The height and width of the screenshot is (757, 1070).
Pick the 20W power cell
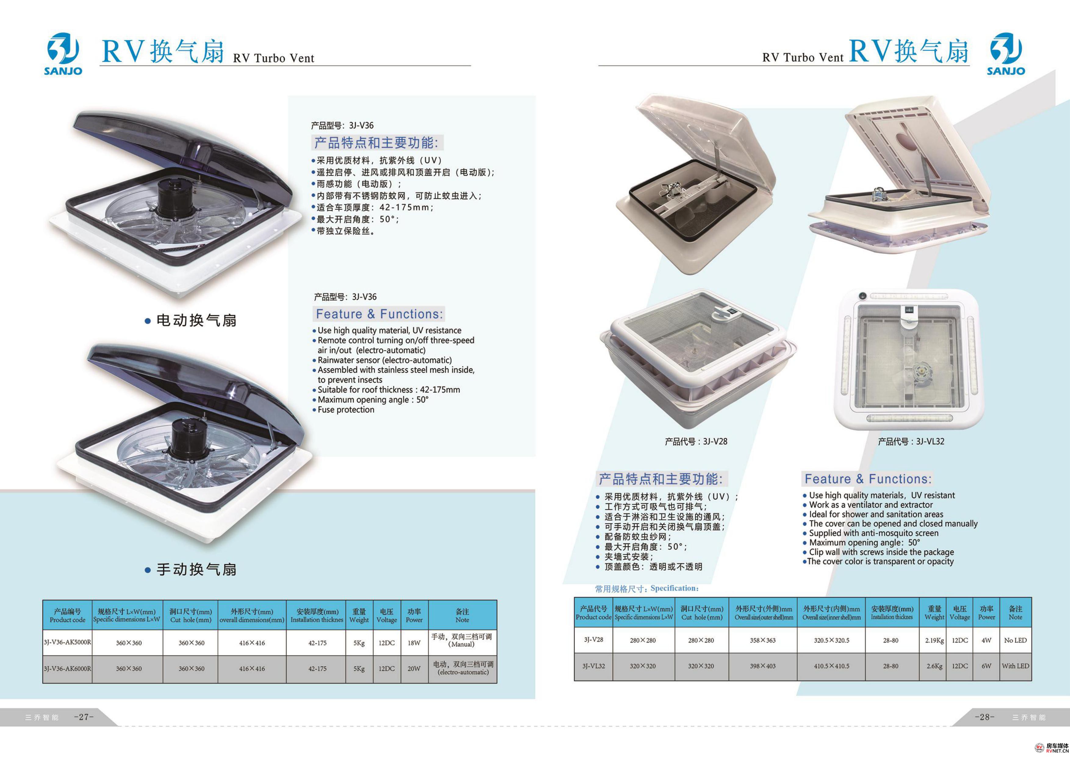point(414,669)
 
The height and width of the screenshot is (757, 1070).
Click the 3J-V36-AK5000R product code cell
point(68,642)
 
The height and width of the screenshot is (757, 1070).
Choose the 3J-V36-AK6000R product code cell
point(68,669)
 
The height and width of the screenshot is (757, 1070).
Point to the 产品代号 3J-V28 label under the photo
point(696,441)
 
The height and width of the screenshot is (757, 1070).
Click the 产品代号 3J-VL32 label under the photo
point(911,441)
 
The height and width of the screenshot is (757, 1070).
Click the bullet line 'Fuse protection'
point(343,409)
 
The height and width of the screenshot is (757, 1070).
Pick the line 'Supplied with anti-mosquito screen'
point(871,533)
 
